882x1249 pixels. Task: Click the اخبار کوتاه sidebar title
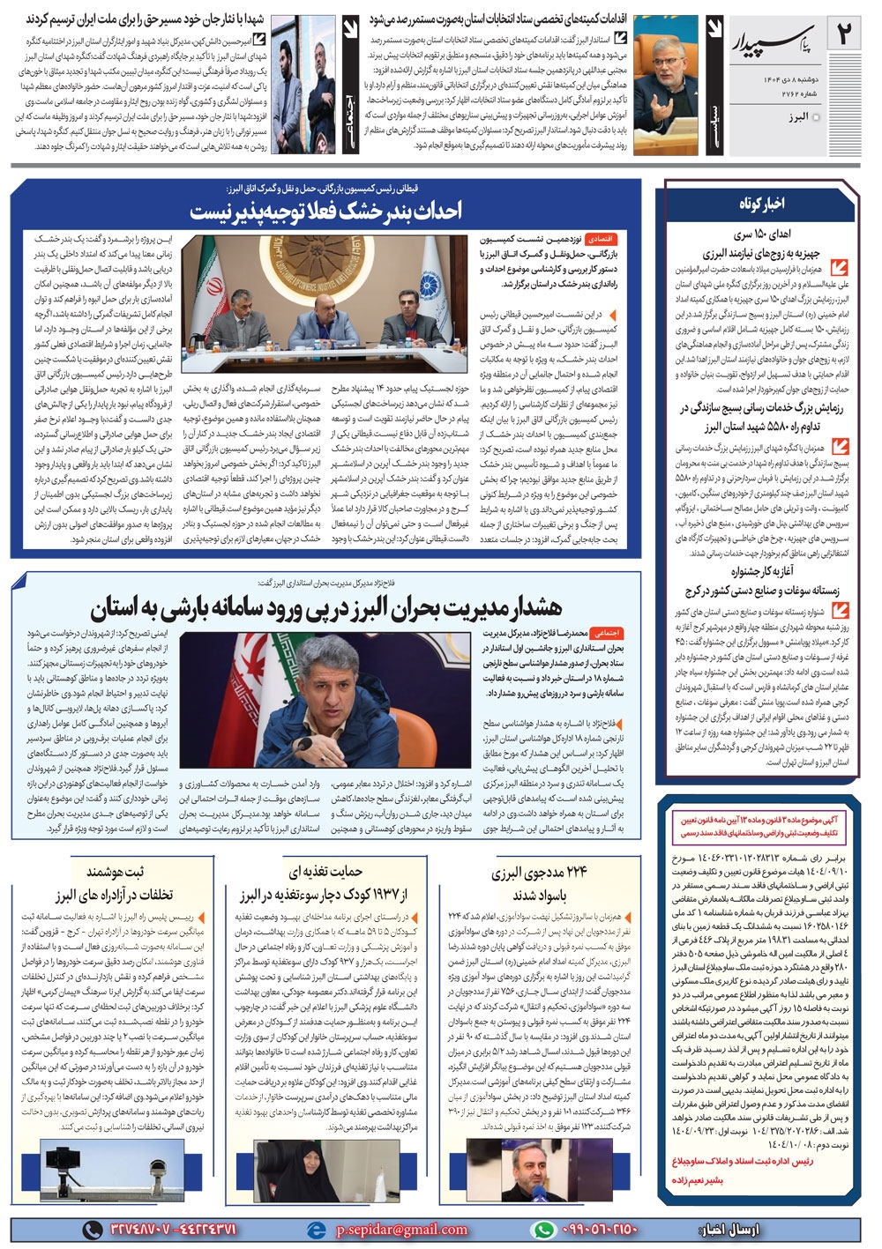pos(761,204)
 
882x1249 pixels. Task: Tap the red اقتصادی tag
pos(606,239)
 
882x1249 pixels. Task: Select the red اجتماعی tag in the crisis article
pos(606,633)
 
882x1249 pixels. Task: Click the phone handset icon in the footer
pos(92,1230)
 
